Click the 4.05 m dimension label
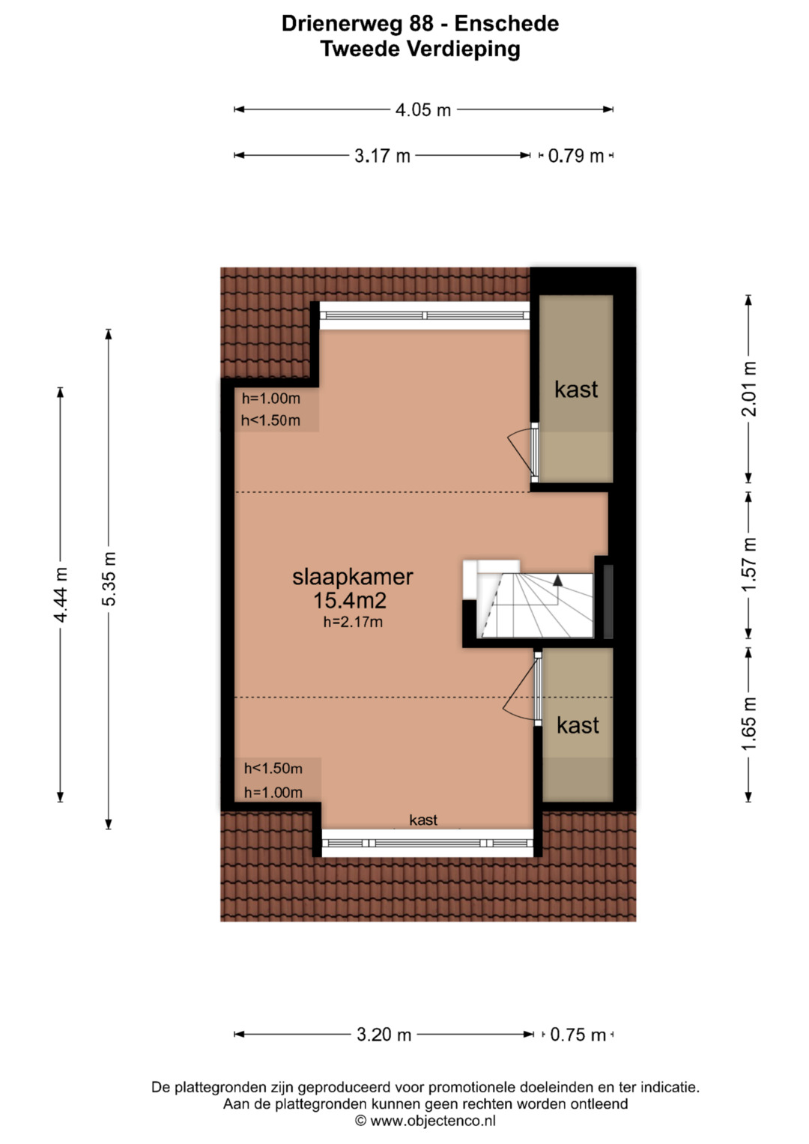[x=423, y=110]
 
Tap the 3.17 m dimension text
[x=383, y=156]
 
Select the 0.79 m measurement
[x=575, y=156]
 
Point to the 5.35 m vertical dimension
[x=109, y=578]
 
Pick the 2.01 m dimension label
[x=749, y=389]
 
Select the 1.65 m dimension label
[x=749, y=724]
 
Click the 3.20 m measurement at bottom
[x=384, y=1034]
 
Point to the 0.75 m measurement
[x=578, y=1034]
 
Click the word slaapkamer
[x=352, y=577]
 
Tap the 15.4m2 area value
[x=350, y=601]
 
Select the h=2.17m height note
[x=353, y=622]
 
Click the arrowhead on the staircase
[x=557, y=580]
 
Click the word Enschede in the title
[x=506, y=23]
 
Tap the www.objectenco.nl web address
[x=433, y=1121]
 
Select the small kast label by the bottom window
[x=423, y=820]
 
